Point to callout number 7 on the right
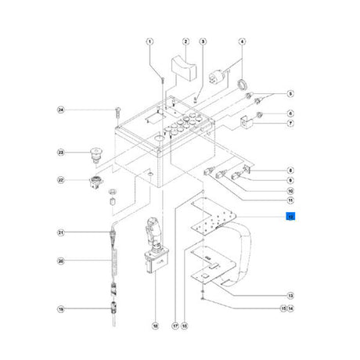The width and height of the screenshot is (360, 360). pyautogui.click(x=290, y=124)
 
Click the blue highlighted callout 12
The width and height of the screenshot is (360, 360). pyautogui.click(x=290, y=217)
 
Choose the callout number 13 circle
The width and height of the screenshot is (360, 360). pyautogui.click(x=290, y=295)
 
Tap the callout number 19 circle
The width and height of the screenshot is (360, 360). pyautogui.click(x=59, y=309)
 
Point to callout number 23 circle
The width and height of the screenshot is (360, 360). pyautogui.click(x=59, y=152)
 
